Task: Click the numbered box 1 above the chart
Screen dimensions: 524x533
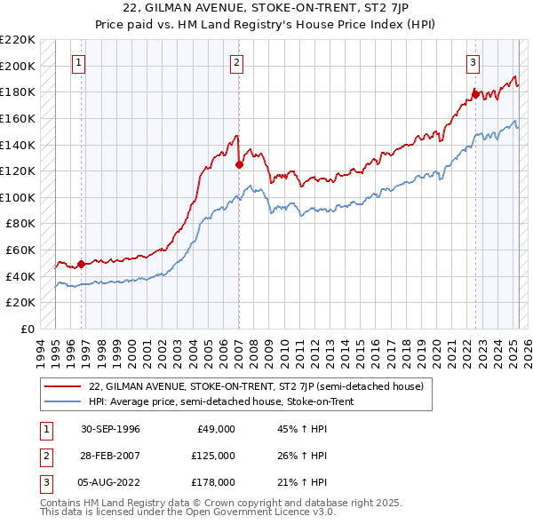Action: coord(80,62)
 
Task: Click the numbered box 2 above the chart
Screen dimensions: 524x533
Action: coord(237,62)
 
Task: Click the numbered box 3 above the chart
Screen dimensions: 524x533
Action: coord(473,62)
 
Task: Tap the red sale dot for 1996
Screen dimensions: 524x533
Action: coord(81,264)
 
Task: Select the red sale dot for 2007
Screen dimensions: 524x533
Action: coord(239,164)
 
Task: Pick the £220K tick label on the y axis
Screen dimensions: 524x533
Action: coord(19,40)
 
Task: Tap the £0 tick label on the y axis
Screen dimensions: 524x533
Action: coord(28,329)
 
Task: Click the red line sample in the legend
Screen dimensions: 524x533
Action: coord(62,386)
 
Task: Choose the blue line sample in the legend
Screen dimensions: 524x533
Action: coord(62,401)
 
